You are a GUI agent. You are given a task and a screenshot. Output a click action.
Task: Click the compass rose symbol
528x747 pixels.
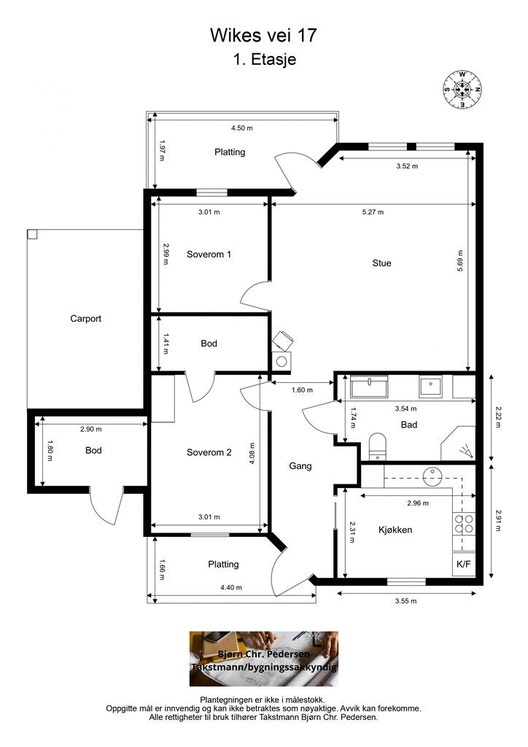(462, 89)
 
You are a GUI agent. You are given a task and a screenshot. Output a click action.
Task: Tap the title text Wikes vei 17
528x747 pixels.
(263, 35)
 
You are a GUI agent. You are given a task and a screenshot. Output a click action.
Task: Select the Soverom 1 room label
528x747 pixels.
(209, 255)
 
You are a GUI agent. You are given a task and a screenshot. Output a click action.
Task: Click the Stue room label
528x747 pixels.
(381, 263)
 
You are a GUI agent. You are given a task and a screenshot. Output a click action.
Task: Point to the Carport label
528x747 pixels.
(86, 319)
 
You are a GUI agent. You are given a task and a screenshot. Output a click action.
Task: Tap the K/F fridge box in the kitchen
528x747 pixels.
(464, 565)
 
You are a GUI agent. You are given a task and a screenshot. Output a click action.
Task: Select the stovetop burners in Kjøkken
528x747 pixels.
(464, 523)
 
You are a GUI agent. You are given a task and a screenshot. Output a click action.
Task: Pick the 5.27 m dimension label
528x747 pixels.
(373, 212)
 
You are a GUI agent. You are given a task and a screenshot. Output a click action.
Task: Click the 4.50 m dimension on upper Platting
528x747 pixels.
(242, 128)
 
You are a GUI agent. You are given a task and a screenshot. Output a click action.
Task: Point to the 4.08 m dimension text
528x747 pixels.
(252, 454)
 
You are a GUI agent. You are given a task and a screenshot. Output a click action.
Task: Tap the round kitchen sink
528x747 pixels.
(432, 476)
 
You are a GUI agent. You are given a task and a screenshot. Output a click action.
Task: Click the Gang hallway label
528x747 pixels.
(300, 466)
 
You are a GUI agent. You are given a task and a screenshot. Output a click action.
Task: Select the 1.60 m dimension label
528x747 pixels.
(302, 390)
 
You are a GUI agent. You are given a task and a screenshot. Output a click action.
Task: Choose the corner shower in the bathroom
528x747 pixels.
(458, 443)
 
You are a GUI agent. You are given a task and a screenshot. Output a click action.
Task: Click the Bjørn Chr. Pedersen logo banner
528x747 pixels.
(264, 659)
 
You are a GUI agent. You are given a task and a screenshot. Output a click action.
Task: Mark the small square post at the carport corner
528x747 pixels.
(32, 234)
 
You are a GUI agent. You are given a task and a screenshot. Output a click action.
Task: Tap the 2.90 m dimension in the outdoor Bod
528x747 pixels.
(91, 429)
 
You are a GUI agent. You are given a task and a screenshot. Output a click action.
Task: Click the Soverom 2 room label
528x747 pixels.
(209, 452)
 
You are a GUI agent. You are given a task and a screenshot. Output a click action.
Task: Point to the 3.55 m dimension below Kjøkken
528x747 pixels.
(405, 601)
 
